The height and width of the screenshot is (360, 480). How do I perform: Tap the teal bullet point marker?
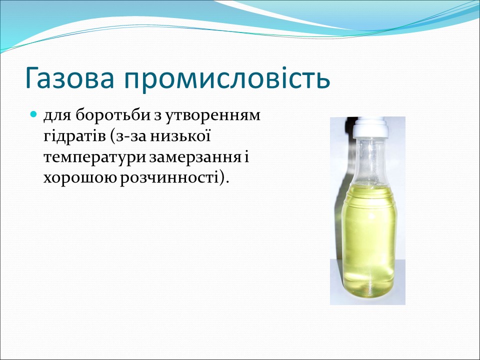pyautogui.click(x=34, y=114)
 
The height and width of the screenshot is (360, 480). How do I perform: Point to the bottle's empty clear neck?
pyautogui.click(x=369, y=160)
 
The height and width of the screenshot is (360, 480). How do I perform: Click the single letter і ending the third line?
pyautogui.click(x=246, y=157)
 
